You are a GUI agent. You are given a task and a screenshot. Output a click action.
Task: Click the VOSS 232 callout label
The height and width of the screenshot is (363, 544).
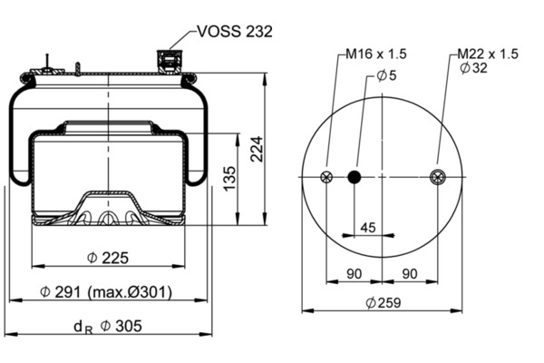coord(235,32)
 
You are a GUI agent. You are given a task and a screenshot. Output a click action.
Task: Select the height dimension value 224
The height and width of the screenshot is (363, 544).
coord(257,149)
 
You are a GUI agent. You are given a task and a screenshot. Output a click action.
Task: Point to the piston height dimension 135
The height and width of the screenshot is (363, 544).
coord(229,179)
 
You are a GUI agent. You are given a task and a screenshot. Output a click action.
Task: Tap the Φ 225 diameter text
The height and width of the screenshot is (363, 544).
coord(108,258)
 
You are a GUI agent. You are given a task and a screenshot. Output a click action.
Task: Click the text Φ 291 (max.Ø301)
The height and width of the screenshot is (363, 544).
coord(106,292)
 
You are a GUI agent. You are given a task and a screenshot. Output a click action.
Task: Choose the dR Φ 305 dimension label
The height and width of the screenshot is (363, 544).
coord(108,327)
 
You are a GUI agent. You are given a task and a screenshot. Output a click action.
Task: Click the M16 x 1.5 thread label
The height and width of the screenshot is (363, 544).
coord(376,54)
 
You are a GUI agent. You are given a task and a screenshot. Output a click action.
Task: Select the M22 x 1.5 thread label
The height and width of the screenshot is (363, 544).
coord(488,54)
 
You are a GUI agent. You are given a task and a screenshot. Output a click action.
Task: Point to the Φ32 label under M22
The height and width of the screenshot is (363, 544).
coord(473,68)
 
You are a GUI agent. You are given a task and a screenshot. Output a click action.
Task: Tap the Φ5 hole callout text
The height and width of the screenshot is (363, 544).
coord(386,75)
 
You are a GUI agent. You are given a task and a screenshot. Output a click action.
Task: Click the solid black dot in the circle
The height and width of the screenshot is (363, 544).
coord(355,177)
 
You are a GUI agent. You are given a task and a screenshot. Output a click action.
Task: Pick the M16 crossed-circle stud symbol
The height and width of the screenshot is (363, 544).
coord(326,177)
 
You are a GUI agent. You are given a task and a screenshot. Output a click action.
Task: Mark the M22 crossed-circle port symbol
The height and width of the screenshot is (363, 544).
coord(438,177)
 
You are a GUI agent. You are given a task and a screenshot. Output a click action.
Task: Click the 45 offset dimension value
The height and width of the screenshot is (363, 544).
coord(368,228)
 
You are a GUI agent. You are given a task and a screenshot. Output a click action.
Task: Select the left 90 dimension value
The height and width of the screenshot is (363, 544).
coord(355,274)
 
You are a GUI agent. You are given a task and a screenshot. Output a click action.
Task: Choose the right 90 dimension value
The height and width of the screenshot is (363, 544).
coord(410,274)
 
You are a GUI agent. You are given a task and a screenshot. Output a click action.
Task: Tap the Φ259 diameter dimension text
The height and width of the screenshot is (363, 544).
coord(384,303)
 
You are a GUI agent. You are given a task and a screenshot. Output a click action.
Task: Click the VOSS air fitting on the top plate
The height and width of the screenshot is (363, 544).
coord(170,62)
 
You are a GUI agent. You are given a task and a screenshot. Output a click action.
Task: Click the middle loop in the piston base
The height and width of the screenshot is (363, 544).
coord(108,219)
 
